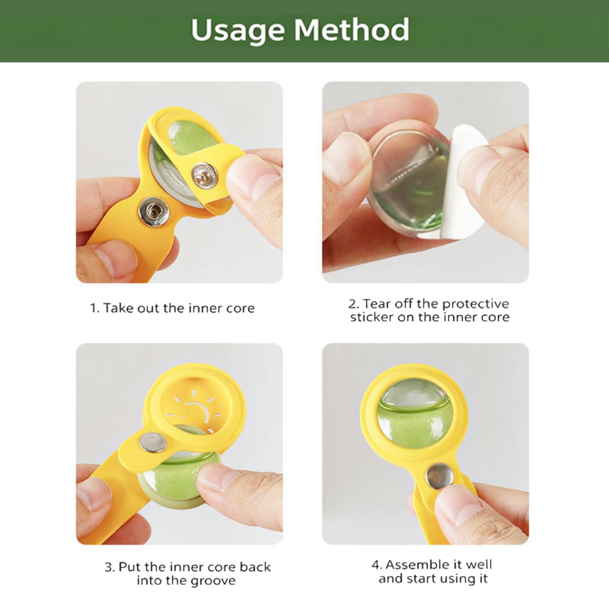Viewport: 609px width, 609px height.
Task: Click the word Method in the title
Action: coord(352,29)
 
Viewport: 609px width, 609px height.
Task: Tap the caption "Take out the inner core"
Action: coord(179,308)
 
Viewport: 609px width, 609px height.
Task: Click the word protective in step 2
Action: coord(475,304)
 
